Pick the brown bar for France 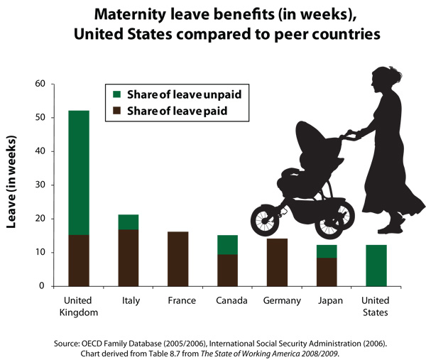[177, 258]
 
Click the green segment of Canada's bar [227, 244]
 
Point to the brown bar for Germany [277, 262]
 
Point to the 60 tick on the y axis [39, 84]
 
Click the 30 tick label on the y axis [39, 185]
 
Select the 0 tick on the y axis [42, 286]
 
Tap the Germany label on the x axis [277, 300]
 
